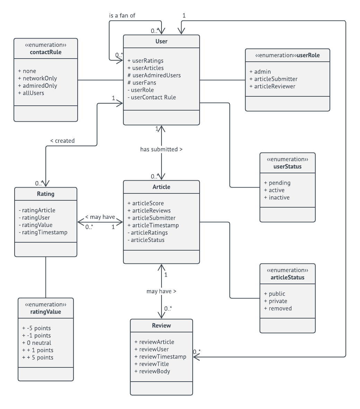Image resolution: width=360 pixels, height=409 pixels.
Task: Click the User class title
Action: tap(161, 42)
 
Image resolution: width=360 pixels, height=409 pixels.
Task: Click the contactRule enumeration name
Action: tap(46, 52)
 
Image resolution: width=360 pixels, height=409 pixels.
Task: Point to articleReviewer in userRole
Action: tap(274, 86)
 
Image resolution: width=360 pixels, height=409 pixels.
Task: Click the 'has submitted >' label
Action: tap(161, 149)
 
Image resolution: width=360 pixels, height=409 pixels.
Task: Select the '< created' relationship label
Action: tap(62, 141)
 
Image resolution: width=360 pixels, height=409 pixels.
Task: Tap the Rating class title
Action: tap(46, 194)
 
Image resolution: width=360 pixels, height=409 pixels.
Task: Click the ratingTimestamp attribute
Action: tap(45, 232)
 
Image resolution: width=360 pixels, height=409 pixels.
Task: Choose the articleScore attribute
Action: tap(148, 203)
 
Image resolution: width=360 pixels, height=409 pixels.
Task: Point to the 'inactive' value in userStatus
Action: tap(279, 198)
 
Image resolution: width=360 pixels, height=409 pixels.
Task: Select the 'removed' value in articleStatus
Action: tap(280, 308)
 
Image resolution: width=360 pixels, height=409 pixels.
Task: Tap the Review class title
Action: tap(161, 326)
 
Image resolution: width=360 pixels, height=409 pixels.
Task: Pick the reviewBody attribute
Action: tap(154, 371)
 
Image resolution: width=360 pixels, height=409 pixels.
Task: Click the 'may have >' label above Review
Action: tap(161, 291)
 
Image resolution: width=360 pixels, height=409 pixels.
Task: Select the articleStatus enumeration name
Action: tap(288, 277)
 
